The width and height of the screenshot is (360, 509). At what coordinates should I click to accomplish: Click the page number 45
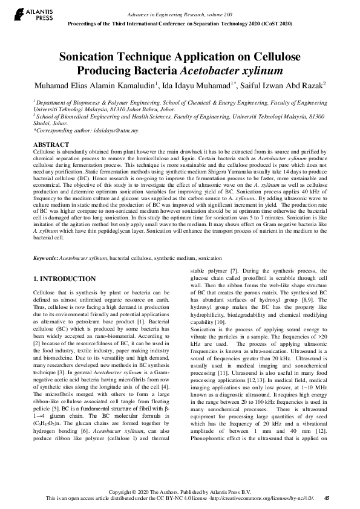[x=327, y=498]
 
